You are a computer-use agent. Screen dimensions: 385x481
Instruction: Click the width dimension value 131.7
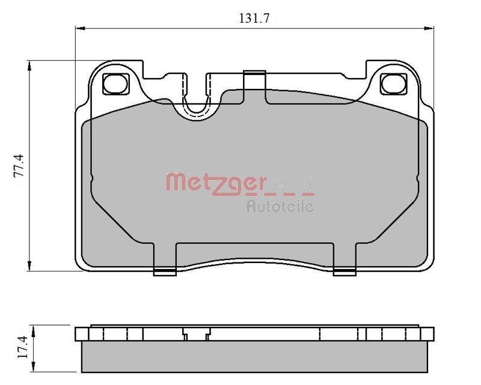click(254, 18)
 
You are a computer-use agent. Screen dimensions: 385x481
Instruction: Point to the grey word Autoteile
click(280, 207)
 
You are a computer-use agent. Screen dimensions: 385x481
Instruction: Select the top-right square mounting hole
click(394, 84)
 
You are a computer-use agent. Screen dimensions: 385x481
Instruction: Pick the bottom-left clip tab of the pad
click(165, 271)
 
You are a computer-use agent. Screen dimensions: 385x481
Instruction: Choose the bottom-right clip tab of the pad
click(344, 271)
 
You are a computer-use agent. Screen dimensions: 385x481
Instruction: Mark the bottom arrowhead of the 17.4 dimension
click(37, 368)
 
